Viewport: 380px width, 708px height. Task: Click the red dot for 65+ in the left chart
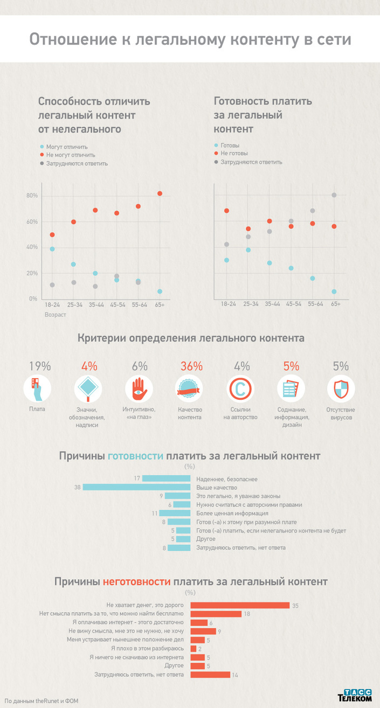160,193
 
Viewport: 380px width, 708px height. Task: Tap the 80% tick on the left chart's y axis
32,196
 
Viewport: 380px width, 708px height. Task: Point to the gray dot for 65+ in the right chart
334,195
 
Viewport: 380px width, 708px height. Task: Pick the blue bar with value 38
136,488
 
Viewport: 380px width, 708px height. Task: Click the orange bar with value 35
241,606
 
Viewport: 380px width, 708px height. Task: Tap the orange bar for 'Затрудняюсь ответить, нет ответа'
211,675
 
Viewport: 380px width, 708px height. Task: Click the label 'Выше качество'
217,488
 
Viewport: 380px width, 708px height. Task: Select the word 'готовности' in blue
135,456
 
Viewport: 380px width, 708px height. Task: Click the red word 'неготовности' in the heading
136,582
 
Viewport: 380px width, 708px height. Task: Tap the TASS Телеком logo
355,695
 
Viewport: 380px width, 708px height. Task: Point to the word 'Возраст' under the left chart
56,314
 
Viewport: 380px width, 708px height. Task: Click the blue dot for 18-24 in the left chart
52,249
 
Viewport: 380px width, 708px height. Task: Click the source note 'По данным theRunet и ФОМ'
42,700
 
